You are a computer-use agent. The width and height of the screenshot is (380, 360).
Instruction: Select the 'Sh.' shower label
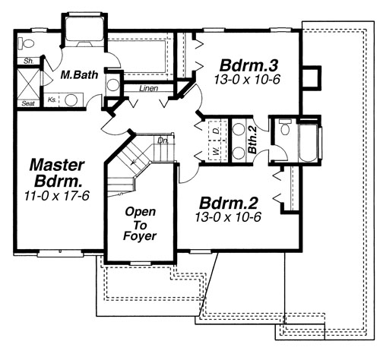tap(27, 60)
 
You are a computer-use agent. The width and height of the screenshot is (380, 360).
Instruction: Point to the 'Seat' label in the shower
tap(29, 103)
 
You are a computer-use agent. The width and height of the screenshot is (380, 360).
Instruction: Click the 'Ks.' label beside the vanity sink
tap(52, 99)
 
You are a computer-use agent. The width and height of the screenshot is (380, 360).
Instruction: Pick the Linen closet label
tap(148, 89)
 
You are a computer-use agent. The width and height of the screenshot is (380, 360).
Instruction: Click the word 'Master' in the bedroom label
tap(56, 163)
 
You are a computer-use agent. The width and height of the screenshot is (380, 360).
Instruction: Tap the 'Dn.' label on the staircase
tap(161, 141)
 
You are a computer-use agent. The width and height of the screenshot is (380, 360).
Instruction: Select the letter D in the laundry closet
tap(217, 131)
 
